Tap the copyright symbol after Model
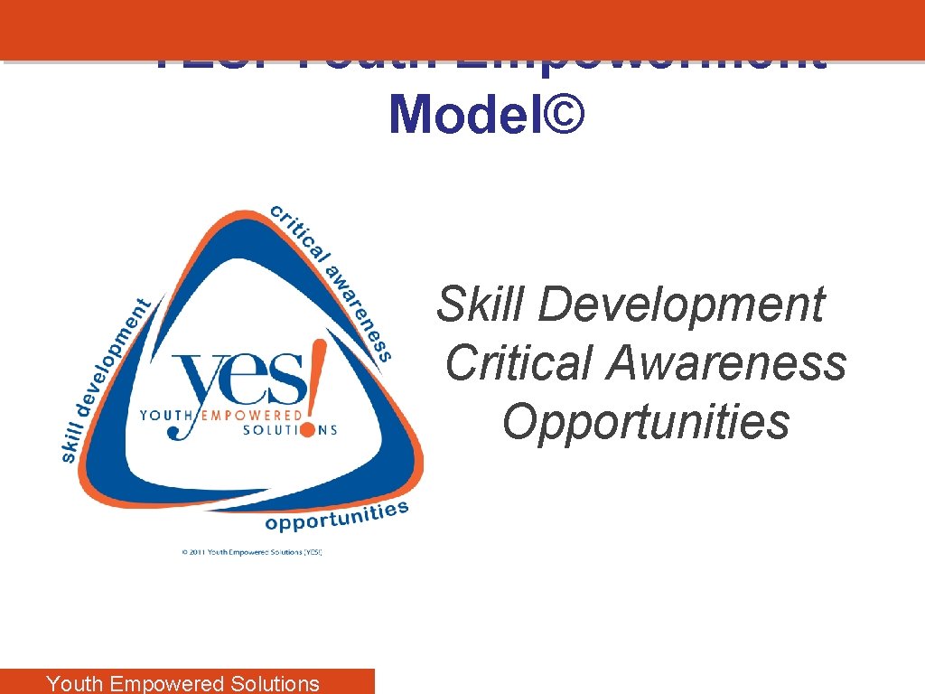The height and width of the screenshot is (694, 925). click(565, 115)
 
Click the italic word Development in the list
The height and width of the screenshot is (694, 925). click(681, 304)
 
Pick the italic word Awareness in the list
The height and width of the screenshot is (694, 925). click(726, 362)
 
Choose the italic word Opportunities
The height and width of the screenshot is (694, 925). click(646, 421)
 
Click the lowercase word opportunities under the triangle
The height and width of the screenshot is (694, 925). click(336, 516)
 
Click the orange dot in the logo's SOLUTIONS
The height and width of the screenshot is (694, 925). click(308, 429)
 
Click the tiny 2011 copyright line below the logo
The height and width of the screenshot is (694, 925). click(252, 551)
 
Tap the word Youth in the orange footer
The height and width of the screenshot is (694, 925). click(74, 683)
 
